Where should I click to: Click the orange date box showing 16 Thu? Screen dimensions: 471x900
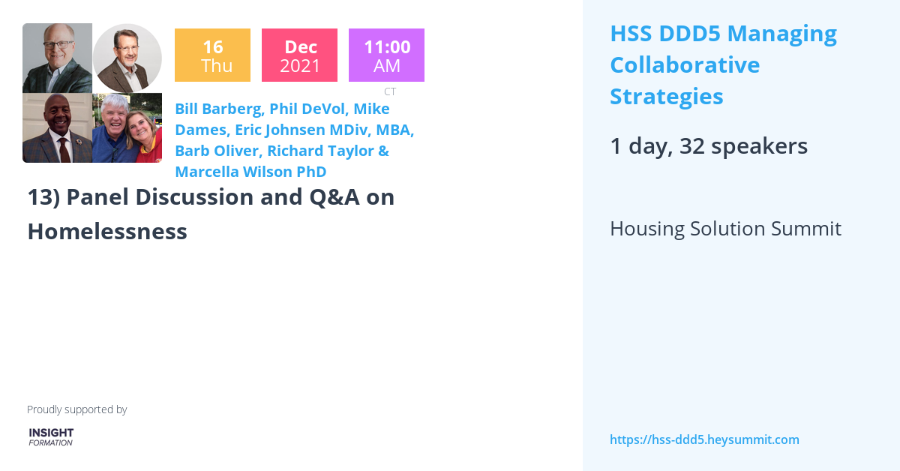click(212, 55)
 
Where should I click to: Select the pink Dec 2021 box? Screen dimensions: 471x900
click(299, 55)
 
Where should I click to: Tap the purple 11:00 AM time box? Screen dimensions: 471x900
click(386, 55)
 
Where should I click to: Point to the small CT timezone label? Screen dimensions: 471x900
click(390, 91)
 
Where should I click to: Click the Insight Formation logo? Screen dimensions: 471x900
click(51, 436)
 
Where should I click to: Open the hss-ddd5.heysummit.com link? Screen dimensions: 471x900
click(704, 439)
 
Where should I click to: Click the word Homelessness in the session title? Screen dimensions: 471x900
click(107, 232)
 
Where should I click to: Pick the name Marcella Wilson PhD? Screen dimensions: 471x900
click(250, 172)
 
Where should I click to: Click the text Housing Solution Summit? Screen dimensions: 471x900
click(725, 229)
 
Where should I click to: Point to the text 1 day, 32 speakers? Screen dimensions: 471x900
click(709, 146)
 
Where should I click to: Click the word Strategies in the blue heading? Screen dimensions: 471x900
click(666, 97)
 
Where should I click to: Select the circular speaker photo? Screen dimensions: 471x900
click(127, 58)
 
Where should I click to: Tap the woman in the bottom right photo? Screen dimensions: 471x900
click(144, 135)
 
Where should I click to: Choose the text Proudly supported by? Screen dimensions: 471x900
click(76, 409)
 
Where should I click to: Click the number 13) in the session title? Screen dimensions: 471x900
click(43, 197)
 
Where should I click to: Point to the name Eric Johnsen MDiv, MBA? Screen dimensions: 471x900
click(325, 130)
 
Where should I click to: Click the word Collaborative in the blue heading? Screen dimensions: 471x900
click(685, 65)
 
